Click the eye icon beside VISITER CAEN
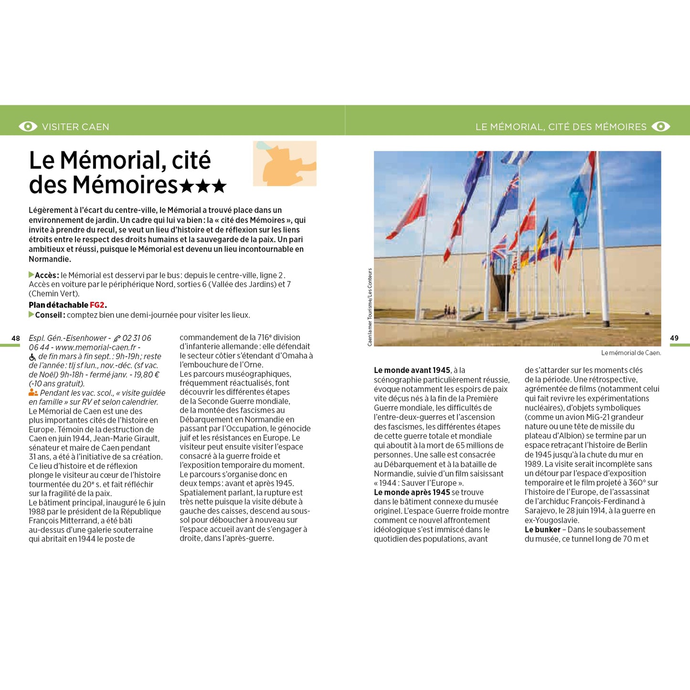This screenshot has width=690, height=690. coord(28,127)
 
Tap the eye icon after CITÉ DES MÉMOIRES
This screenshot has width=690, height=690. coord(661,127)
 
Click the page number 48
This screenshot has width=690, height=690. coord(16,338)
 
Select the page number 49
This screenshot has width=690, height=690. coord(674,338)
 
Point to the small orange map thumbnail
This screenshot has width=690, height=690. coord(285,163)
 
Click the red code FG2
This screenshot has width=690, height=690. coord(97,305)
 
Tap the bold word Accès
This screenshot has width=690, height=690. coord(46,275)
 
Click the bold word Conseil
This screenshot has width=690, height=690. coord(49,315)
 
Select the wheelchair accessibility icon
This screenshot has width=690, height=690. coord(32,357)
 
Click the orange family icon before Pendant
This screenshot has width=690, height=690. coord(33,393)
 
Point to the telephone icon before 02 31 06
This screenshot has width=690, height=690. coord(117,339)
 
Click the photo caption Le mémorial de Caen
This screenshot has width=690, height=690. coord(631,353)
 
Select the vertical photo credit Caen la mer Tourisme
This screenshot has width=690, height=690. coord(370,307)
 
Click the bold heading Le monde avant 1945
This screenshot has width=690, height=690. coord(412,370)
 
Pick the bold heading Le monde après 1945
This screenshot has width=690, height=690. coord(412,492)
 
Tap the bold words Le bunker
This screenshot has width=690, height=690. coord(542,530)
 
